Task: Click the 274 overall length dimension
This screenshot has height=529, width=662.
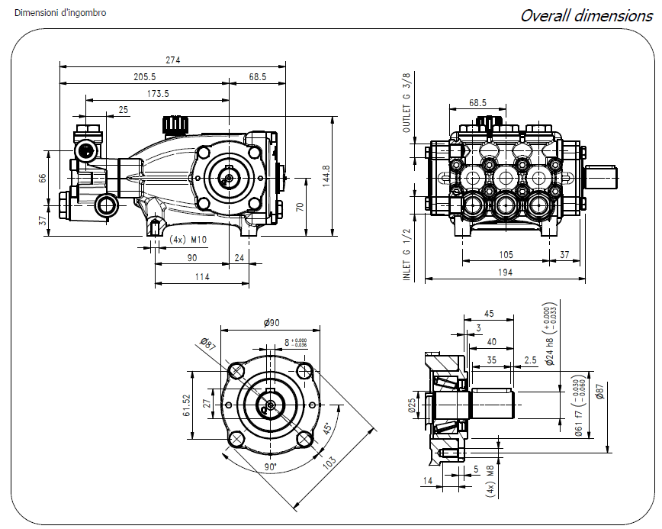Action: pos(172,60)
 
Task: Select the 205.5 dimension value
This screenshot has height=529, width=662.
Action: pos(145,76)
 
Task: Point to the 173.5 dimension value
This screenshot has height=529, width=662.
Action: pos(158,93)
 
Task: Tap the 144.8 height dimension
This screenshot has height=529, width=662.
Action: pos(326,176)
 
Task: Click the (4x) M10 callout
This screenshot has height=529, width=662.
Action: pos(188,240)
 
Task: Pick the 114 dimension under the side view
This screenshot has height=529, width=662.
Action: pos(202,277)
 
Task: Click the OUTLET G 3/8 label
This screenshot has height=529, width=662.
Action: pos(407,103)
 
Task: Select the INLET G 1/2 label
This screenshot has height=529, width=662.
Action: pos(407,254)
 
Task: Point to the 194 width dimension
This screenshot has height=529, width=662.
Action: pos(505,272)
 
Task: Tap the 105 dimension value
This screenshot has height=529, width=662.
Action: pos(506,255)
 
